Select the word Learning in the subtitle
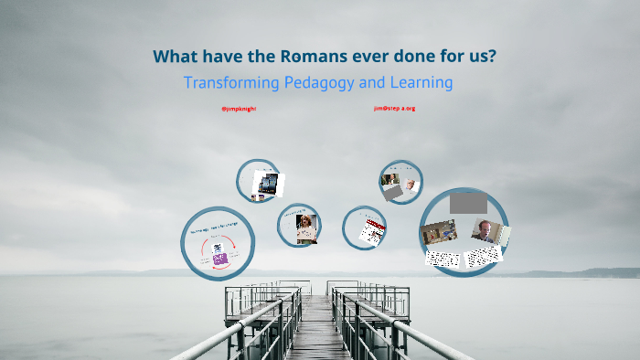pos(420,82)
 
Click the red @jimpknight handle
pos(239,109)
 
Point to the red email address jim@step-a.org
pos(394,108)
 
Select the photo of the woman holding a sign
pos(305,226)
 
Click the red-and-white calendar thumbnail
pos(371,231)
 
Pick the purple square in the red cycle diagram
pos(219,259)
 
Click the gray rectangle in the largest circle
pos(468,202)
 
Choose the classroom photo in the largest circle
pos(440,233)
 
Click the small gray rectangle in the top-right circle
pos(392,194)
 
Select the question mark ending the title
pos(492,57)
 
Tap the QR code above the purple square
pos(218,248)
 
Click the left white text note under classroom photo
pos(443,259)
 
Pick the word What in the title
pos(174,57)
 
